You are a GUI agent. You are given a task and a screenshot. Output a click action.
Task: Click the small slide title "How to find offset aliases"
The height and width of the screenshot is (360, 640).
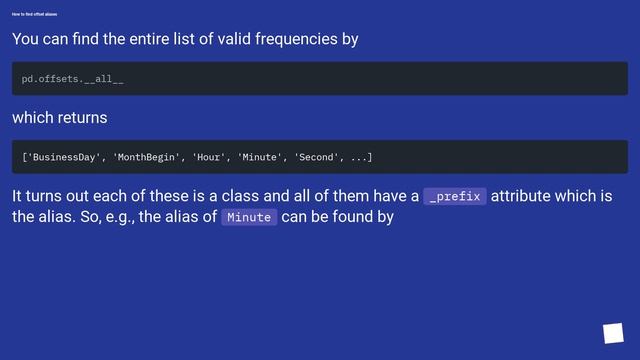[34, 14]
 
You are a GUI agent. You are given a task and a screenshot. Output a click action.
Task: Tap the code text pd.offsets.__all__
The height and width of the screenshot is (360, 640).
[73, 78]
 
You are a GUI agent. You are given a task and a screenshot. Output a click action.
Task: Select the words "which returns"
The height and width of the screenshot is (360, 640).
[59, 118]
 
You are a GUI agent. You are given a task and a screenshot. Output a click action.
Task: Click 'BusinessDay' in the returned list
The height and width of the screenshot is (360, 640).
[65, 157]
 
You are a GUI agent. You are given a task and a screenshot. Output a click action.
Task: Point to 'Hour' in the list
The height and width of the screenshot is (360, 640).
[209, 157]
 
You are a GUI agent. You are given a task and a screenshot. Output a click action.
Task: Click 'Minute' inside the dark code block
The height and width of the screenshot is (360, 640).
[259, 157]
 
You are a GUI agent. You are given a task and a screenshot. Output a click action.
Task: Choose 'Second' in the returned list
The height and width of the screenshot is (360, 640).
[317, 157]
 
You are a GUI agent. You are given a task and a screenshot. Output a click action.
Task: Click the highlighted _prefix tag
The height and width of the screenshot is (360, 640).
[455, 196]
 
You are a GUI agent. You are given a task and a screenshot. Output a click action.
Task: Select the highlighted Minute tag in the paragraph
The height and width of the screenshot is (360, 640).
[249, 217]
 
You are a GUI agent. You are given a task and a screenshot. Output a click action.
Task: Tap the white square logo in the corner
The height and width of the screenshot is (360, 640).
[613, 333]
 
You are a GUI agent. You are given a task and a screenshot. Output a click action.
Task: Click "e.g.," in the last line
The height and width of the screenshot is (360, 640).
[116, 216]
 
